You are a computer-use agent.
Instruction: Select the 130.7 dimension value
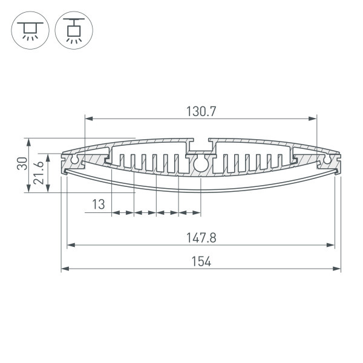click(201, 111)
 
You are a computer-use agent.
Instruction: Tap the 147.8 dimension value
click(201, 238)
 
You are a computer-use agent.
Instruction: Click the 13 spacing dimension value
click(99, 205)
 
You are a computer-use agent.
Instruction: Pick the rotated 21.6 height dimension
click(39, 172)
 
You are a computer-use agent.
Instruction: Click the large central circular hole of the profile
click(201, 163)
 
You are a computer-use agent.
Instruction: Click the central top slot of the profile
click(201, 146)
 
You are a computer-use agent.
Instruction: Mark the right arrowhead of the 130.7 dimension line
click(313, 118)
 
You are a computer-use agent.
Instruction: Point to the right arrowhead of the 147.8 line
click(331, 245)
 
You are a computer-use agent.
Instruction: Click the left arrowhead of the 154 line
click(65, 269)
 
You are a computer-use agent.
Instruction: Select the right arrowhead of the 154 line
click(337, 269)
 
